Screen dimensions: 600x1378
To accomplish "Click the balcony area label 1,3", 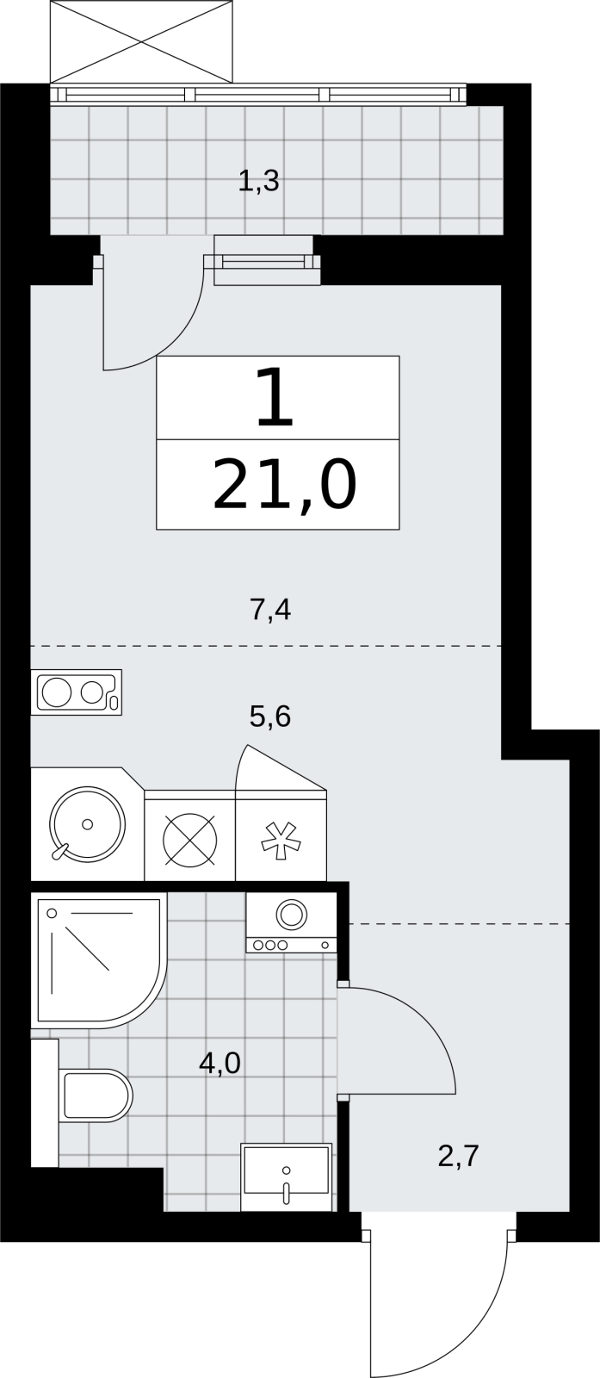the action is click(258, 182).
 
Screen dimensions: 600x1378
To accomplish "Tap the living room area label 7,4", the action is click(270, 611).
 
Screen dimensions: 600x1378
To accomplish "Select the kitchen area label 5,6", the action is click(270, 716).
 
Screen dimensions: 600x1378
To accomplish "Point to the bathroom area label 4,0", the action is click(220, 1063).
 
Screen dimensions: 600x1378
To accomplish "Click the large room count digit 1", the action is click(275, 397).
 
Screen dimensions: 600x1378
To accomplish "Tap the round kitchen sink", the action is click(87, 823).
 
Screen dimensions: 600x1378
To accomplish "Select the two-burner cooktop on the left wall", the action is click(77, 692).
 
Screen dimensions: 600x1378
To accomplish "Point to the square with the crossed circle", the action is click(190, 840).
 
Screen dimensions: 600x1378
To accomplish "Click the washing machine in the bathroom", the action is click(292, 923).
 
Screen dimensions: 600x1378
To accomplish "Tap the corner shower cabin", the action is click(99, 961).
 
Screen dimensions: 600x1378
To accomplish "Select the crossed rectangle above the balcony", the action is click(142, 41).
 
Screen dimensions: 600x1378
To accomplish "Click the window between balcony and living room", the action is click(268, 262).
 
